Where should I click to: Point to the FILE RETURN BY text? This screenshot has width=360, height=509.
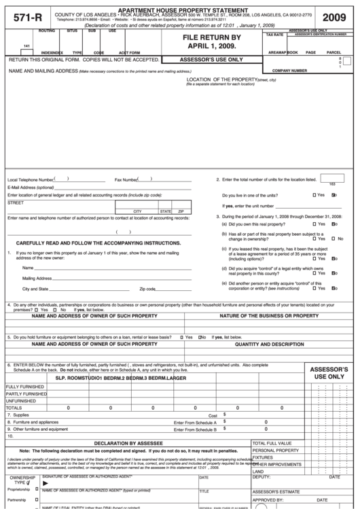point(217,38)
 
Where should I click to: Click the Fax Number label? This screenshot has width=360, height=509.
point(126,180)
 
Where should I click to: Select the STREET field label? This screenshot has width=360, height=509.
point(15,203)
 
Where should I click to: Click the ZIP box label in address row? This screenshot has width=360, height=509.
point(181,211)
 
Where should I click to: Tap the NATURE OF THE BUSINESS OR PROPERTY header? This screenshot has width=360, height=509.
point(269,316)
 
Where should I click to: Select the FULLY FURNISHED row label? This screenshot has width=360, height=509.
point(21,387)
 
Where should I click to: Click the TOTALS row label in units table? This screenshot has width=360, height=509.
point(14,408)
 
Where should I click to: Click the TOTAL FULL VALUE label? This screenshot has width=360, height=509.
point(272,443)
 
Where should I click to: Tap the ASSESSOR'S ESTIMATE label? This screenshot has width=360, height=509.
point(276,491)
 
